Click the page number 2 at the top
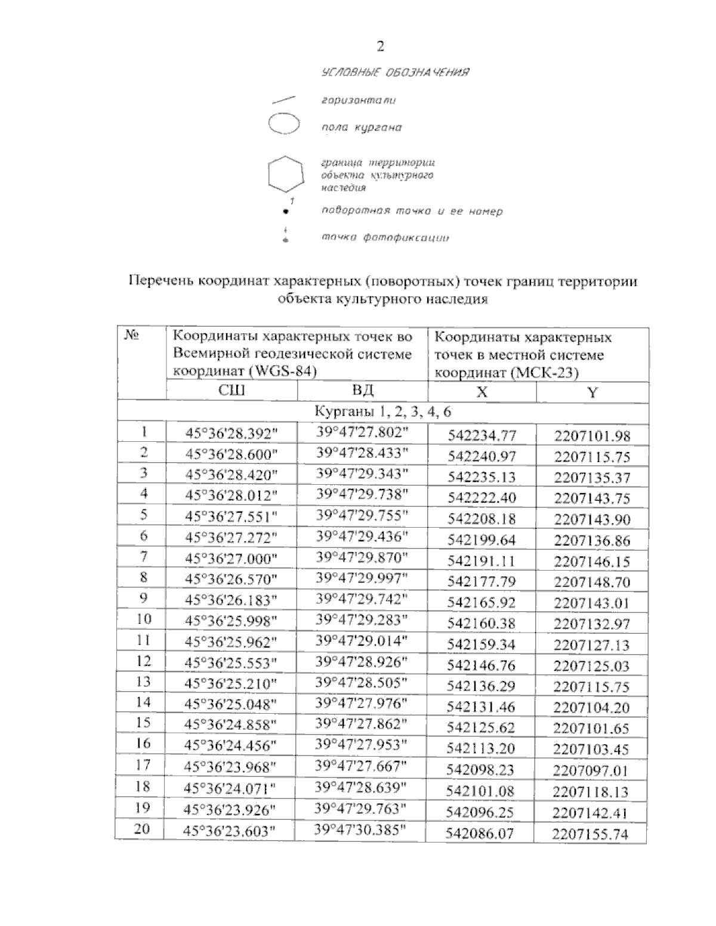click(381, 47)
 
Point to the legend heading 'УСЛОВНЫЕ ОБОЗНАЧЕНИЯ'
click(394, 73)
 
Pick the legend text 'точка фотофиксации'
click(385, 238)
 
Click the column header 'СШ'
click(232, 391)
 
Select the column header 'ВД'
click(362, 391)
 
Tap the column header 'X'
click(482, 392)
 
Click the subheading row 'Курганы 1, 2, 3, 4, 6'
click(382, 412)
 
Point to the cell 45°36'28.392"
click(232, 434)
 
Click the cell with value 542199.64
click(482, 540)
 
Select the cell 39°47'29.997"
click(362, 578)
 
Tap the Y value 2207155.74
click(590, 834)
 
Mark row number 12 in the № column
click(143, 661)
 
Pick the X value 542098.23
click(480, 770)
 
